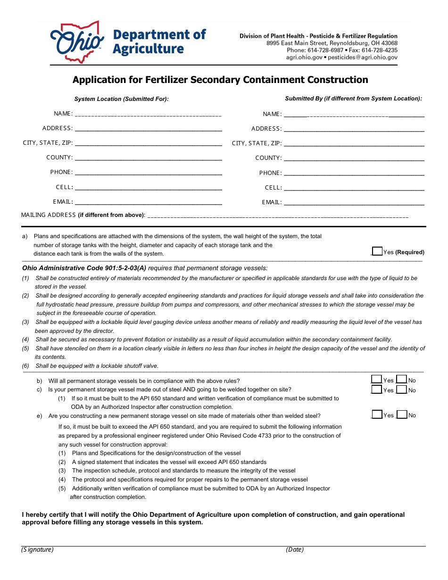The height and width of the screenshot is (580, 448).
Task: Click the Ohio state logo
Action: click(77, 42)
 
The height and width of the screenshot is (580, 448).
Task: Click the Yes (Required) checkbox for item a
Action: click(377, 251)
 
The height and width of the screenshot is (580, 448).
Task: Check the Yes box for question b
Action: click(377, 380)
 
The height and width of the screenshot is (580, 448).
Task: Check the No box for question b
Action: click(402, 380)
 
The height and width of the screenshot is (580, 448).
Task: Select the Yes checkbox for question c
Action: click(377, 389)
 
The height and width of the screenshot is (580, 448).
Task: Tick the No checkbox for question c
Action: click(402, 389)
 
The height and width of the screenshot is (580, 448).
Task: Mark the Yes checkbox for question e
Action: click(377, 415)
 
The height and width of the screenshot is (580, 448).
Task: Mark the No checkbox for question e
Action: click(402, 415)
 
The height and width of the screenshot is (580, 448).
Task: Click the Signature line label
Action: click(38, 550)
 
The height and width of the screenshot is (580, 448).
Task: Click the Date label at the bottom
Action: click(295, 550)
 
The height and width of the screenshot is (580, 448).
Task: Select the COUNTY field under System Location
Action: click(148, 157)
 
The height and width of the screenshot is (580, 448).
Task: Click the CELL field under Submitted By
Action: click(354, 188)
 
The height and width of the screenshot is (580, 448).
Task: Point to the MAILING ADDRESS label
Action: click(49, 215)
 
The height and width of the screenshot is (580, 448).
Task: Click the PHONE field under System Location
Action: click(148, 172)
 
